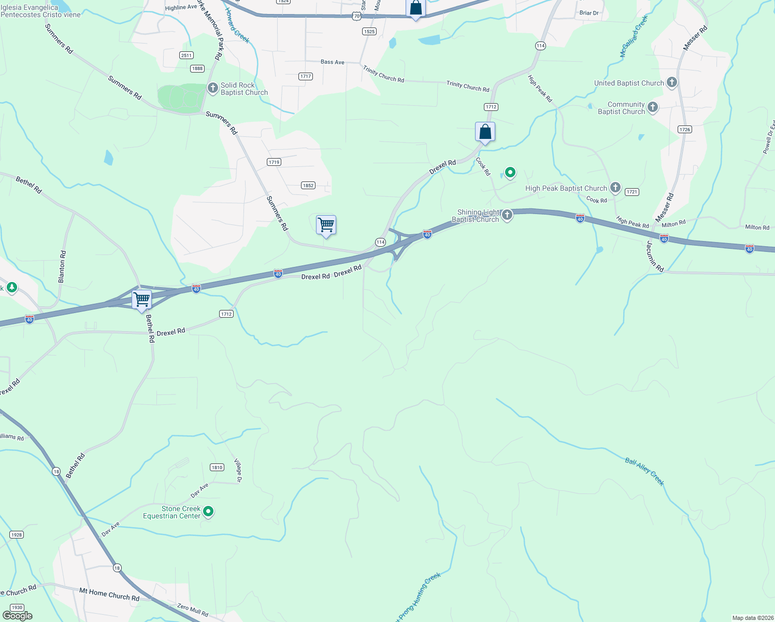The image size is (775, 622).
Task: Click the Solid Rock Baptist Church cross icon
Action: [x=212, y=88]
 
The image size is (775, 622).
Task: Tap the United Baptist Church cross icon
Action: [x=671, y=82]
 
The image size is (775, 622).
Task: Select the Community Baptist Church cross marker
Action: [x=652, y=107]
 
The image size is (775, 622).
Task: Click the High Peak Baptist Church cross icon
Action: [x=615, y=188]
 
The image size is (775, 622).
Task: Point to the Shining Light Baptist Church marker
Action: [x=507, y=215]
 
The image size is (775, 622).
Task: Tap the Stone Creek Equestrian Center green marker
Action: [x=208, y=512]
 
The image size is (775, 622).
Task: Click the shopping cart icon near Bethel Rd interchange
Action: [x=141, y=299]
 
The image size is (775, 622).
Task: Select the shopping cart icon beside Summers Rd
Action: [x=326, y=225]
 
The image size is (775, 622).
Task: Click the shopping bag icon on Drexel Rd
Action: [x=485, y=132]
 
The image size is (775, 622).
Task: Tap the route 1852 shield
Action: [x=308, y=185]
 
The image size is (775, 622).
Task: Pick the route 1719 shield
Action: [x=274, y=162]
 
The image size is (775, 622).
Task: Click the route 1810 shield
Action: [x=217, y=467]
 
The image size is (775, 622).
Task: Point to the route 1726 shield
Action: [x=685, y=129]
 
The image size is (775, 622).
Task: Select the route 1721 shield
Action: [x=632, y=192]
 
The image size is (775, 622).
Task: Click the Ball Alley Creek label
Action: [x=644, y=471]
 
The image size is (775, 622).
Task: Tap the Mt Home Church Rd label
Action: [x=109, y=594]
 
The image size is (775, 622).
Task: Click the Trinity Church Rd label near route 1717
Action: [x=383, y=74]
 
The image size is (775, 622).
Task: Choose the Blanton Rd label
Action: [x=62, y=266]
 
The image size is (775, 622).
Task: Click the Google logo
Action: [x=18, y=615]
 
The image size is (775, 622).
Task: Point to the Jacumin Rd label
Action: [x=655, y=257]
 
